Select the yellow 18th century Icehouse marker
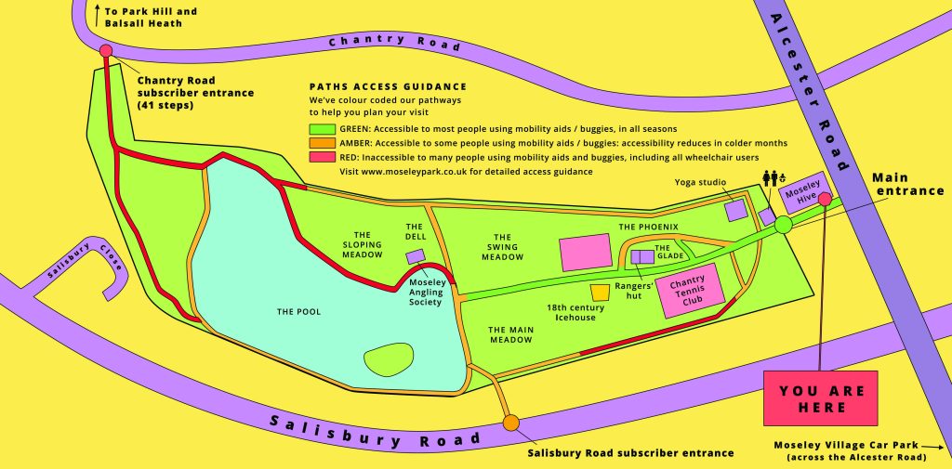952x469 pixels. [x=600, y=293]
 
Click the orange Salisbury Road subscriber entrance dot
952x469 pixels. [x=510, y=423]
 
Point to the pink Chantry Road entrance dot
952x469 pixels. [x=106, y=51]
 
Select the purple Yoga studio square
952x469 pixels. [x=736, y=210]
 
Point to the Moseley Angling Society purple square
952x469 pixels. [x=416, y=255]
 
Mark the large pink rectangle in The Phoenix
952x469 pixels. [x=586, y=253]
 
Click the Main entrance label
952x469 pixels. [x=907, y=183]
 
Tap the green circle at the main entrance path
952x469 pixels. [x=783, y=224]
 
